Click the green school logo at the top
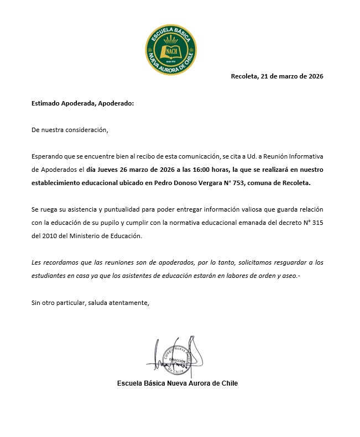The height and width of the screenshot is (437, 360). (x=171, y=45)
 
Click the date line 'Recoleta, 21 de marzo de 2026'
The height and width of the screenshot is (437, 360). (x=277, y=77)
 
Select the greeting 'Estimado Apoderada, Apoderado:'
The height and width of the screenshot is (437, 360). (x=83, y=103)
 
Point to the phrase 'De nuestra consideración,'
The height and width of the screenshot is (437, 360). (x=70, y=130)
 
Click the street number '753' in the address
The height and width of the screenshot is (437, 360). (x=258, y=183)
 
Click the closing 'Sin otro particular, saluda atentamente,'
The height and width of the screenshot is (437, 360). (x=91, y=302)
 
